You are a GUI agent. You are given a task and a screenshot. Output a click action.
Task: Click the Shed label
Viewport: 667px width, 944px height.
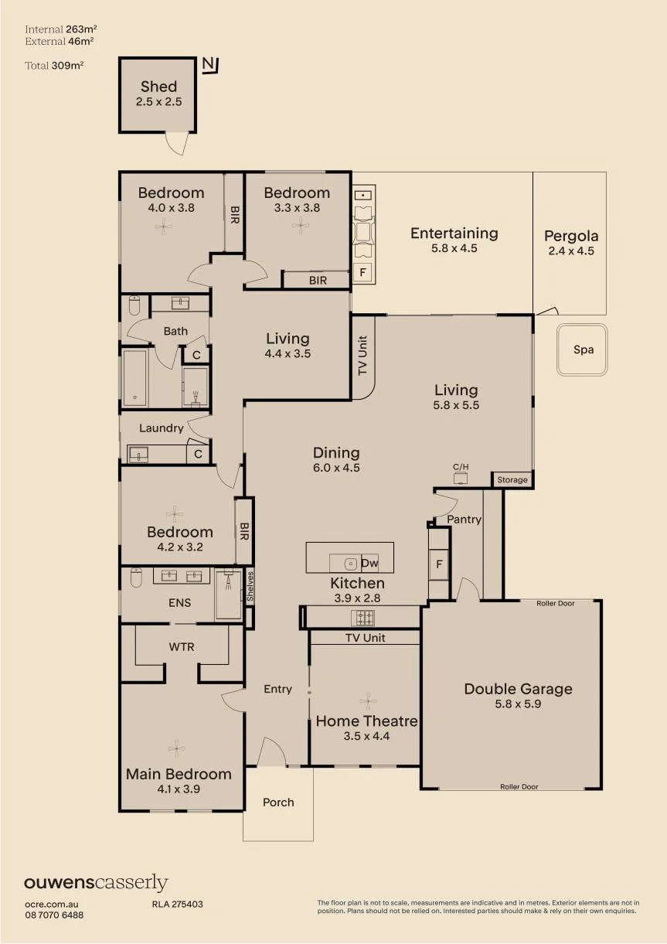point(158,87)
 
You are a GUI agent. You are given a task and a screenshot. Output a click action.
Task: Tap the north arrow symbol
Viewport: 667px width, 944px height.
point(210,65)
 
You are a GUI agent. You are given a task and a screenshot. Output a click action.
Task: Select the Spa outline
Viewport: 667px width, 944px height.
point(582,349)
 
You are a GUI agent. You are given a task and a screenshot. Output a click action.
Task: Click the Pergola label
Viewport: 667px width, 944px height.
point(571,236)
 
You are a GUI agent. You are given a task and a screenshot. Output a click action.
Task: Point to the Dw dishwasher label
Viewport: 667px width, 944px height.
point(369,563)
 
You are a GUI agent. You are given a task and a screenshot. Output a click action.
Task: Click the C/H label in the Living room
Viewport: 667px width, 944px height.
point(461,467)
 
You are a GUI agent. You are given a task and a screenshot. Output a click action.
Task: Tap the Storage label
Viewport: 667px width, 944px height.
point(512,479)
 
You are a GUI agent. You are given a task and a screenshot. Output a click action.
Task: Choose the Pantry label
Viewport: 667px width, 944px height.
point(464,520)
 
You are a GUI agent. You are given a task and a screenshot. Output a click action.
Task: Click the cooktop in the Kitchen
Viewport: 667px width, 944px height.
point(362,619)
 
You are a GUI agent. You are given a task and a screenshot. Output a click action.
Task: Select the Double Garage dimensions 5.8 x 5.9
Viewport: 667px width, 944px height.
point(518,704)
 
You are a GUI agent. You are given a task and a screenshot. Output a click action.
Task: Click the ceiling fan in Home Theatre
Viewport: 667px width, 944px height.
point(368,701)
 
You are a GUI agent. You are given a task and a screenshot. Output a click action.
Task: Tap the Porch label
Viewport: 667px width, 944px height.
point(278,803)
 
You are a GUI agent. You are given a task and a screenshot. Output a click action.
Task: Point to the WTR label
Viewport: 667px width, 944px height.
point(182,647)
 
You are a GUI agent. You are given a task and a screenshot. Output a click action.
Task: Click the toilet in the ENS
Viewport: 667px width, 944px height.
point(136,578)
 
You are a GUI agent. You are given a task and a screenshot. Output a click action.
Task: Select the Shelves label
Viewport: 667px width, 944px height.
point(250,586)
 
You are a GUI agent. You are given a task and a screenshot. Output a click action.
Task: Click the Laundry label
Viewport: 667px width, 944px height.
point(162,428)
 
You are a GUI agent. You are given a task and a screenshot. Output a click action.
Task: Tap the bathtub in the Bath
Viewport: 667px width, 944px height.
point(134,377)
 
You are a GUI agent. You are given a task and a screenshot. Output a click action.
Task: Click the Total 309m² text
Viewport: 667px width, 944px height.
point(54,65)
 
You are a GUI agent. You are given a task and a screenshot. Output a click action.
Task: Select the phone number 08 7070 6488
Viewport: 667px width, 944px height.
point(54,915)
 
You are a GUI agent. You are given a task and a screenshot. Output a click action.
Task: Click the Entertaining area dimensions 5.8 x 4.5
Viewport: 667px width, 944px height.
point(454,248)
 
